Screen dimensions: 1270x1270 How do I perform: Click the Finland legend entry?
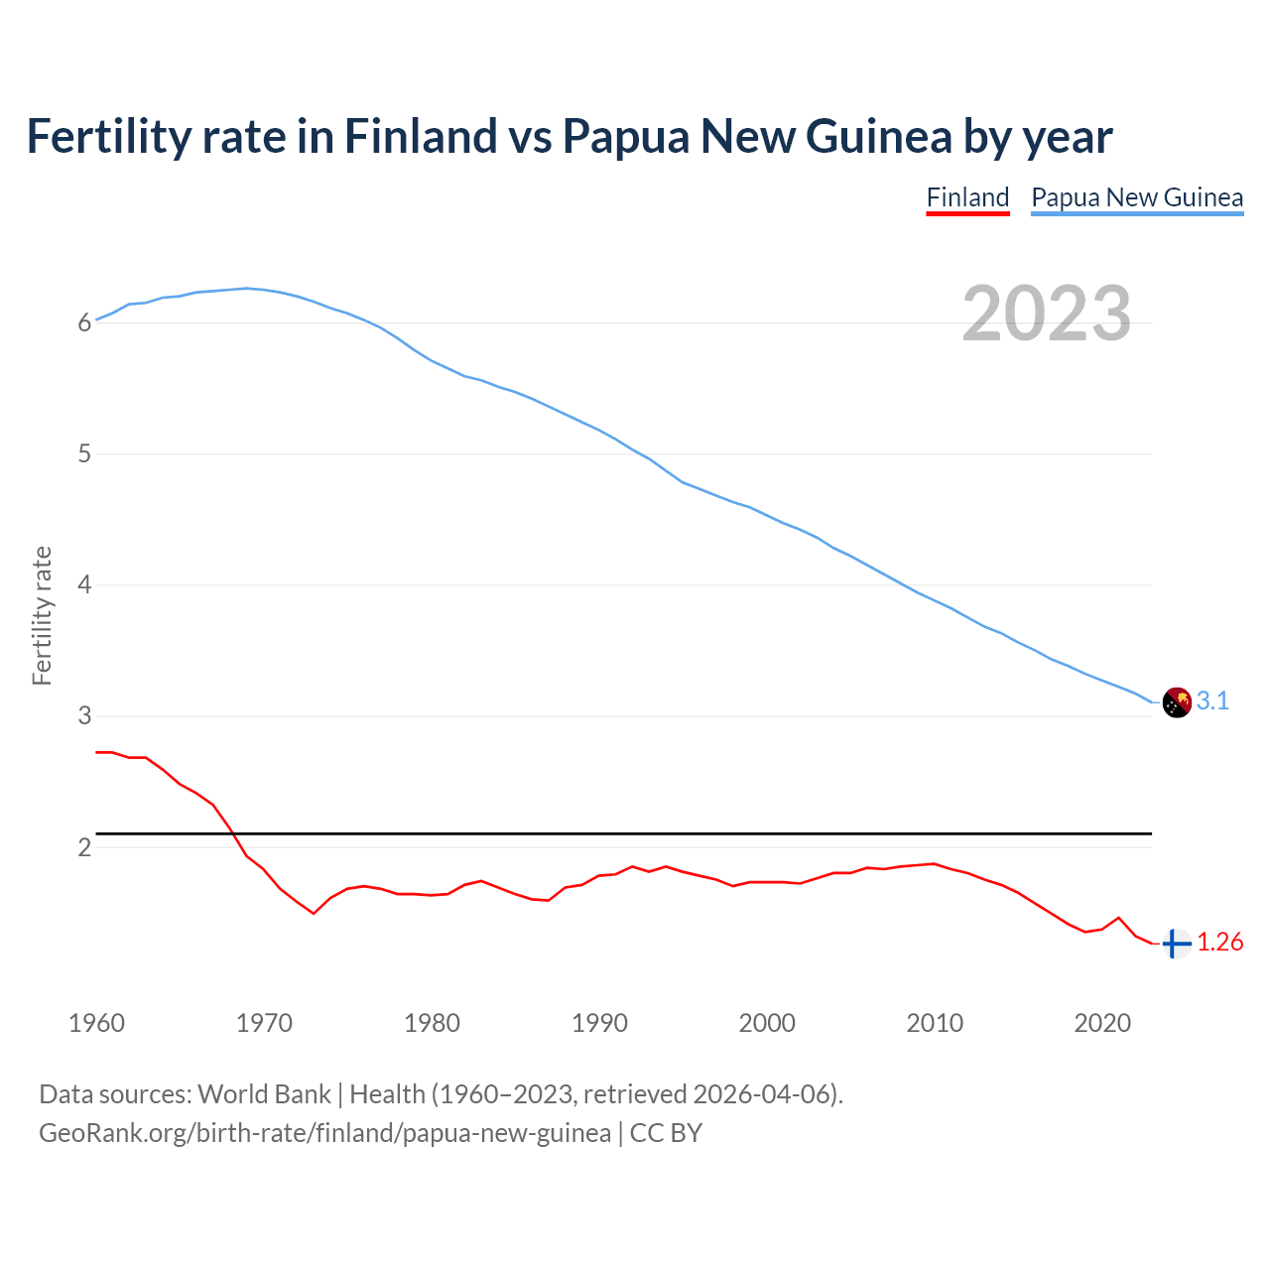pyautogui.click(x=967, y=197)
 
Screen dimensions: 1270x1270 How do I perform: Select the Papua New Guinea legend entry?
pyautogui.click(x=1137, y=197)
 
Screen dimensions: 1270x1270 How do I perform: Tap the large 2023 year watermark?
pyautogui.click(x=1047, y=314)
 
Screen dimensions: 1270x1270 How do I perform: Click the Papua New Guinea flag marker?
pyautogui.click(x=1176, y=701)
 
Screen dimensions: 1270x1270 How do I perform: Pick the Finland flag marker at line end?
pyautogui.click(x=1176, y=943)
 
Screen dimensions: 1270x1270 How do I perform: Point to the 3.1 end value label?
pyautogui.click(x=1212, y=701)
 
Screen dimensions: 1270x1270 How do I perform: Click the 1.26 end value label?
pyautogui.click(x=1219, y=943)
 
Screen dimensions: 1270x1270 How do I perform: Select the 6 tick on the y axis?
pyautogui.click(x=84, y=323)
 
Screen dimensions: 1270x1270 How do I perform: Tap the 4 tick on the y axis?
pyautogui.click(x=84, y=585)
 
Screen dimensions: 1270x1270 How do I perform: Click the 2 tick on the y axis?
pyautogui.click(x=84, y=848)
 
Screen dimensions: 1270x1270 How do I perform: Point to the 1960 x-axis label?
pyautogui.click(x=96, y=1023)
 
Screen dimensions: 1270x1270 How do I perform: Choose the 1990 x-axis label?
pyautogui.click(x=599, y=1023)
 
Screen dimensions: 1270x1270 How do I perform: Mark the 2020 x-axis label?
pyautogui.click(x=1102, y=1023)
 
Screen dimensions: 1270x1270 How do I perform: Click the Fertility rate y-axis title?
pyautogui.click(x=42, y=615)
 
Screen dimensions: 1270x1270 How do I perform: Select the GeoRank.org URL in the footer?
pyautogui.click(x=324, y=1133)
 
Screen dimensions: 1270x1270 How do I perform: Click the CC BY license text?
pyautogui.click(x=666, y=1133)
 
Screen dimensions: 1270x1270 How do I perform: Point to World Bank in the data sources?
pyautogui.click(x=264, y=1094)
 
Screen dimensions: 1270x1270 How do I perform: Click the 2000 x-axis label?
pyautogui.click(x=767, y=1023)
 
